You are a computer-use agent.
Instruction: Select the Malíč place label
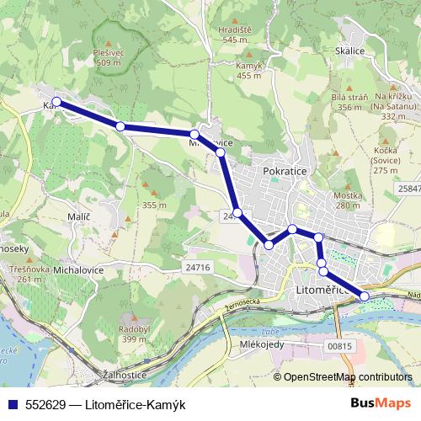click(x=77, y=217)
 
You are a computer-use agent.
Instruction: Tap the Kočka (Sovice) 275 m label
click(x=385, y=160)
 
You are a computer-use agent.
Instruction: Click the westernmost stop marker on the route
click(x=56, y=102)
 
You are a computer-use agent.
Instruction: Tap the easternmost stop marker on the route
click(x=365, y=296)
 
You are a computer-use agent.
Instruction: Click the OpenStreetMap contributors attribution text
click(x=348, y=377)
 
